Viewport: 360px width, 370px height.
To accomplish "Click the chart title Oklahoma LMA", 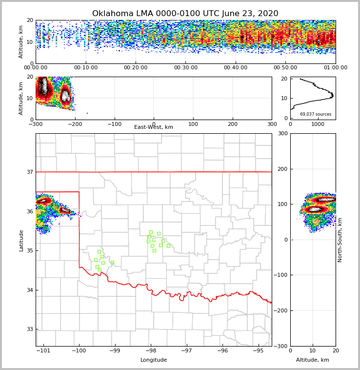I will point(185,14).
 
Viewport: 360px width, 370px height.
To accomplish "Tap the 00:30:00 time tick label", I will point(185,68).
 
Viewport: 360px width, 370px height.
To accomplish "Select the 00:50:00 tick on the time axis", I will point(285,68).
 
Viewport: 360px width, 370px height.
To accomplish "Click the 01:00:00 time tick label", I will point(335,68).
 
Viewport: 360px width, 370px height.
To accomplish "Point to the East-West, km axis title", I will point(154,127).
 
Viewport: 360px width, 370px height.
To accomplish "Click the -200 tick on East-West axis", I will point(75,124).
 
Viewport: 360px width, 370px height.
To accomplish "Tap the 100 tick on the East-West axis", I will point(193,124).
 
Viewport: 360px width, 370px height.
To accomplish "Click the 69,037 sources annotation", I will point(316,114).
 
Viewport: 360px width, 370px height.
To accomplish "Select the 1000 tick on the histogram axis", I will point(318,124).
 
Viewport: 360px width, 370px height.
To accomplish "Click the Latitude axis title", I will point(21,240).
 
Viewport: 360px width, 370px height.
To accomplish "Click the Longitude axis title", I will point(154,360).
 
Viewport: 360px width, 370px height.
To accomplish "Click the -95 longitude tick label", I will point(258,350).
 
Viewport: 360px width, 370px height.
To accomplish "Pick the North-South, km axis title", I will point(340,240).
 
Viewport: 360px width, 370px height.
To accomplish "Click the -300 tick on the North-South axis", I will point(282,346).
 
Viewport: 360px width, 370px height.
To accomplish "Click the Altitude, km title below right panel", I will point(313,360).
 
